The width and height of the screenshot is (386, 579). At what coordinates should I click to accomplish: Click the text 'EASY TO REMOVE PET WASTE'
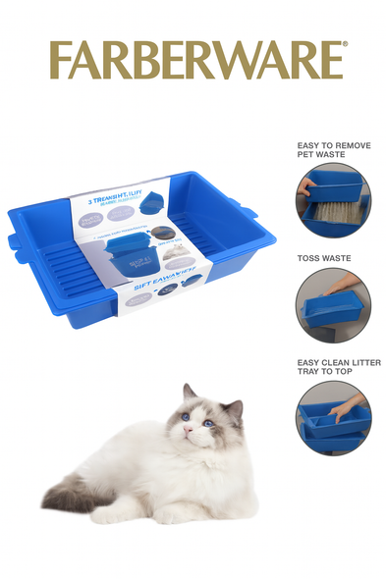[x=333, y=150]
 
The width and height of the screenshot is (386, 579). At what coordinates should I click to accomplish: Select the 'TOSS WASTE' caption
[x=324, y=258]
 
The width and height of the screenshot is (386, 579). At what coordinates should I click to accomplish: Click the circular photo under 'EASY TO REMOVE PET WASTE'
[x=333, y=200]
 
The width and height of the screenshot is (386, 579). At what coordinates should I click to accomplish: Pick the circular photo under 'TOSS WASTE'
[x=333, y=304]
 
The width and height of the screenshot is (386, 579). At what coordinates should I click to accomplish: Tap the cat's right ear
[x=233, y=406]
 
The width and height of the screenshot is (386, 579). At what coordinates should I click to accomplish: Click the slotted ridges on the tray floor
[x=69, y=271]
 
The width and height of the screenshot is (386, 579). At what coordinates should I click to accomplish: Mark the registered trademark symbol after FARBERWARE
[x=344, y=45]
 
